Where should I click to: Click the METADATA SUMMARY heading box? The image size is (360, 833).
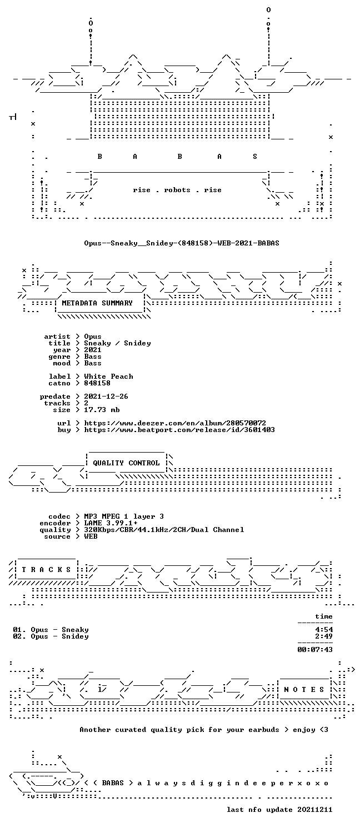(x=99, y=303)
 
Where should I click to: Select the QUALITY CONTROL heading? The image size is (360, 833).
(x=126, y=463)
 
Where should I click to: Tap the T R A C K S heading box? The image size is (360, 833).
(x=46, y=570)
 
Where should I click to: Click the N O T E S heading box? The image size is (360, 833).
(x=304, y=690)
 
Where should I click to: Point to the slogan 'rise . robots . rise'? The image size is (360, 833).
(x=177, y=190)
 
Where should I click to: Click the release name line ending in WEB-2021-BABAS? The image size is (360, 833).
(x=182, y=243)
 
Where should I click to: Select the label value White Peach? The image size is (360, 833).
(x=108, y=377)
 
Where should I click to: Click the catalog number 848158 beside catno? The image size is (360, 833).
(x=97, y=383)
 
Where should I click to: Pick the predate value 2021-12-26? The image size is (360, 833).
(x=106, y=397)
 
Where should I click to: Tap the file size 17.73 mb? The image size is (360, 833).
(x=102, y=410)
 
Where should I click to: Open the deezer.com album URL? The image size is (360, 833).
(x=175, y=423)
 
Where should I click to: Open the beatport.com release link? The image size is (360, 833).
(x=179, y=430)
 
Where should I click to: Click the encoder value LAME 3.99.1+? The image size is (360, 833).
(x=111, y=523)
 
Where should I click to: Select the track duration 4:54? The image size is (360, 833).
(x=324, y=630)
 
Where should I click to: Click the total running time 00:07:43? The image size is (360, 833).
(x=315, y=650)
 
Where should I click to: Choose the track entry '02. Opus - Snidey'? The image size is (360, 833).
(x=51, y=636)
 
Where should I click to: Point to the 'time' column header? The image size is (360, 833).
(x=324, y=616)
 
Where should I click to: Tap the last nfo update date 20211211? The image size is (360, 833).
(x=314, y=810)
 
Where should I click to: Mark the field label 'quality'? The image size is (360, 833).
(x=55, y=530)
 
